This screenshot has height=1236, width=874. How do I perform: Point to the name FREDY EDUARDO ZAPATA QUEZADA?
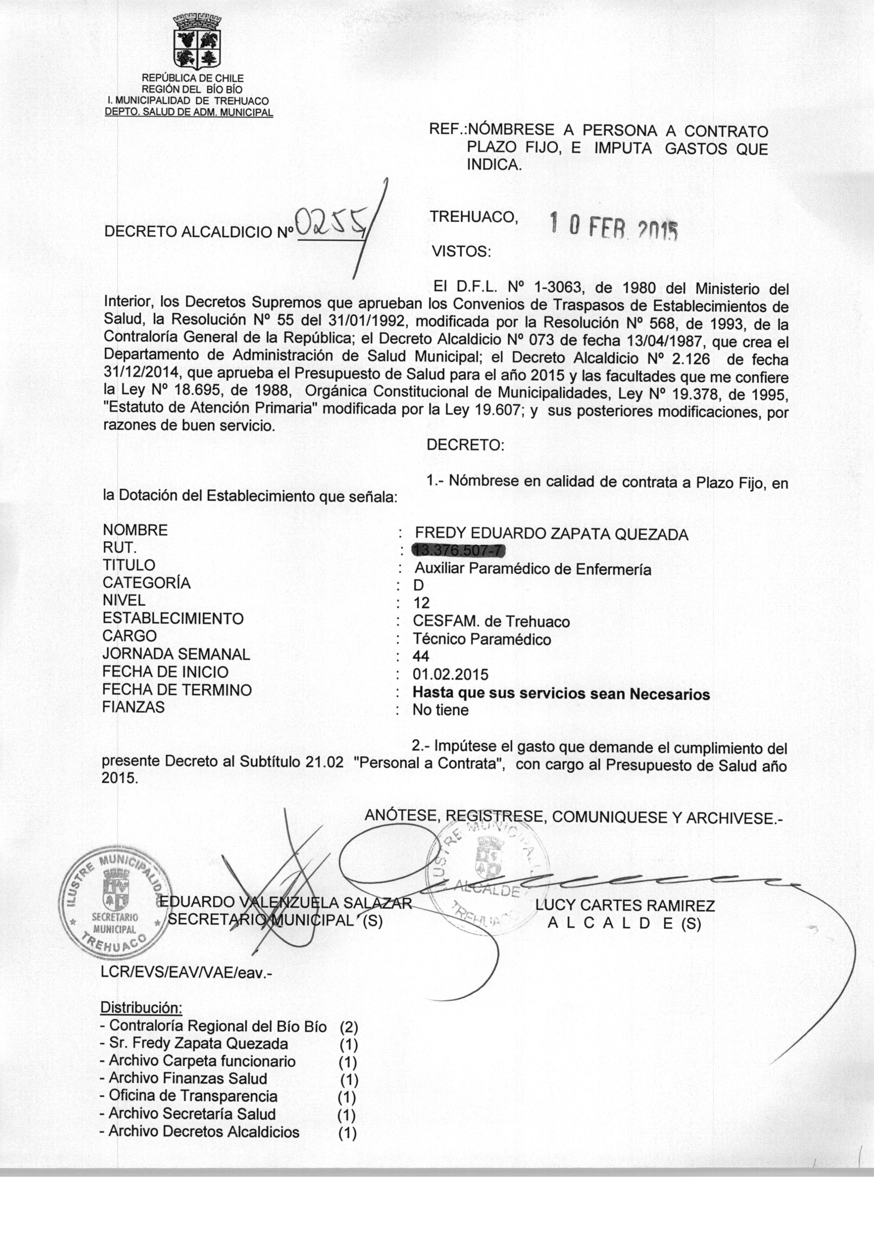[552, 534]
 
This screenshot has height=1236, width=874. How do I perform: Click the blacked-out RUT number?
[459, 550]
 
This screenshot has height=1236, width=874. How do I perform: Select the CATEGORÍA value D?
[419, 586]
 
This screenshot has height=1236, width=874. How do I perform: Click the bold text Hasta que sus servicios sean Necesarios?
[561, 694]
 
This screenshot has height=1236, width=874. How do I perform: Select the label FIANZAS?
[134, 707]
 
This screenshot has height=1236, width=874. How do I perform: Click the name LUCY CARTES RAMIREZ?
[625, 906]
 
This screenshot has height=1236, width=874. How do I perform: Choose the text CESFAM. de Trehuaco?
[491, 622]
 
